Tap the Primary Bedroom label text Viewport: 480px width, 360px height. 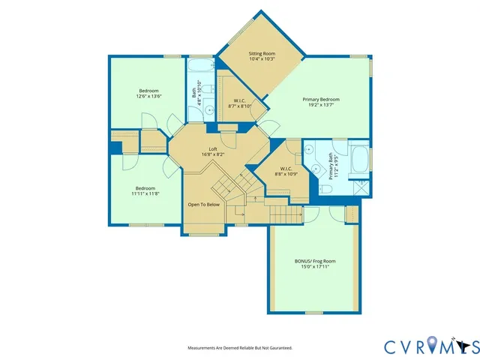[321, 100]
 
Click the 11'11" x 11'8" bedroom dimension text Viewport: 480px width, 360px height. [145, 193]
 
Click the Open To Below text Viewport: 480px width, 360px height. [203, 204]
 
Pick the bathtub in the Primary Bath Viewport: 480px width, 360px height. [360, 159]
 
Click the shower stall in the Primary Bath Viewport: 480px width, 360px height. [361, 184]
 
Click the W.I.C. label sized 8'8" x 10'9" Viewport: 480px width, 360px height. [288, 169]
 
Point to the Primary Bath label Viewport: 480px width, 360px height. [330, 163]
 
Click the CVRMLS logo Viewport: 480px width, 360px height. [431, 346]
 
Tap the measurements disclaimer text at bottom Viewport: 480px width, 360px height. [239, 348]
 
